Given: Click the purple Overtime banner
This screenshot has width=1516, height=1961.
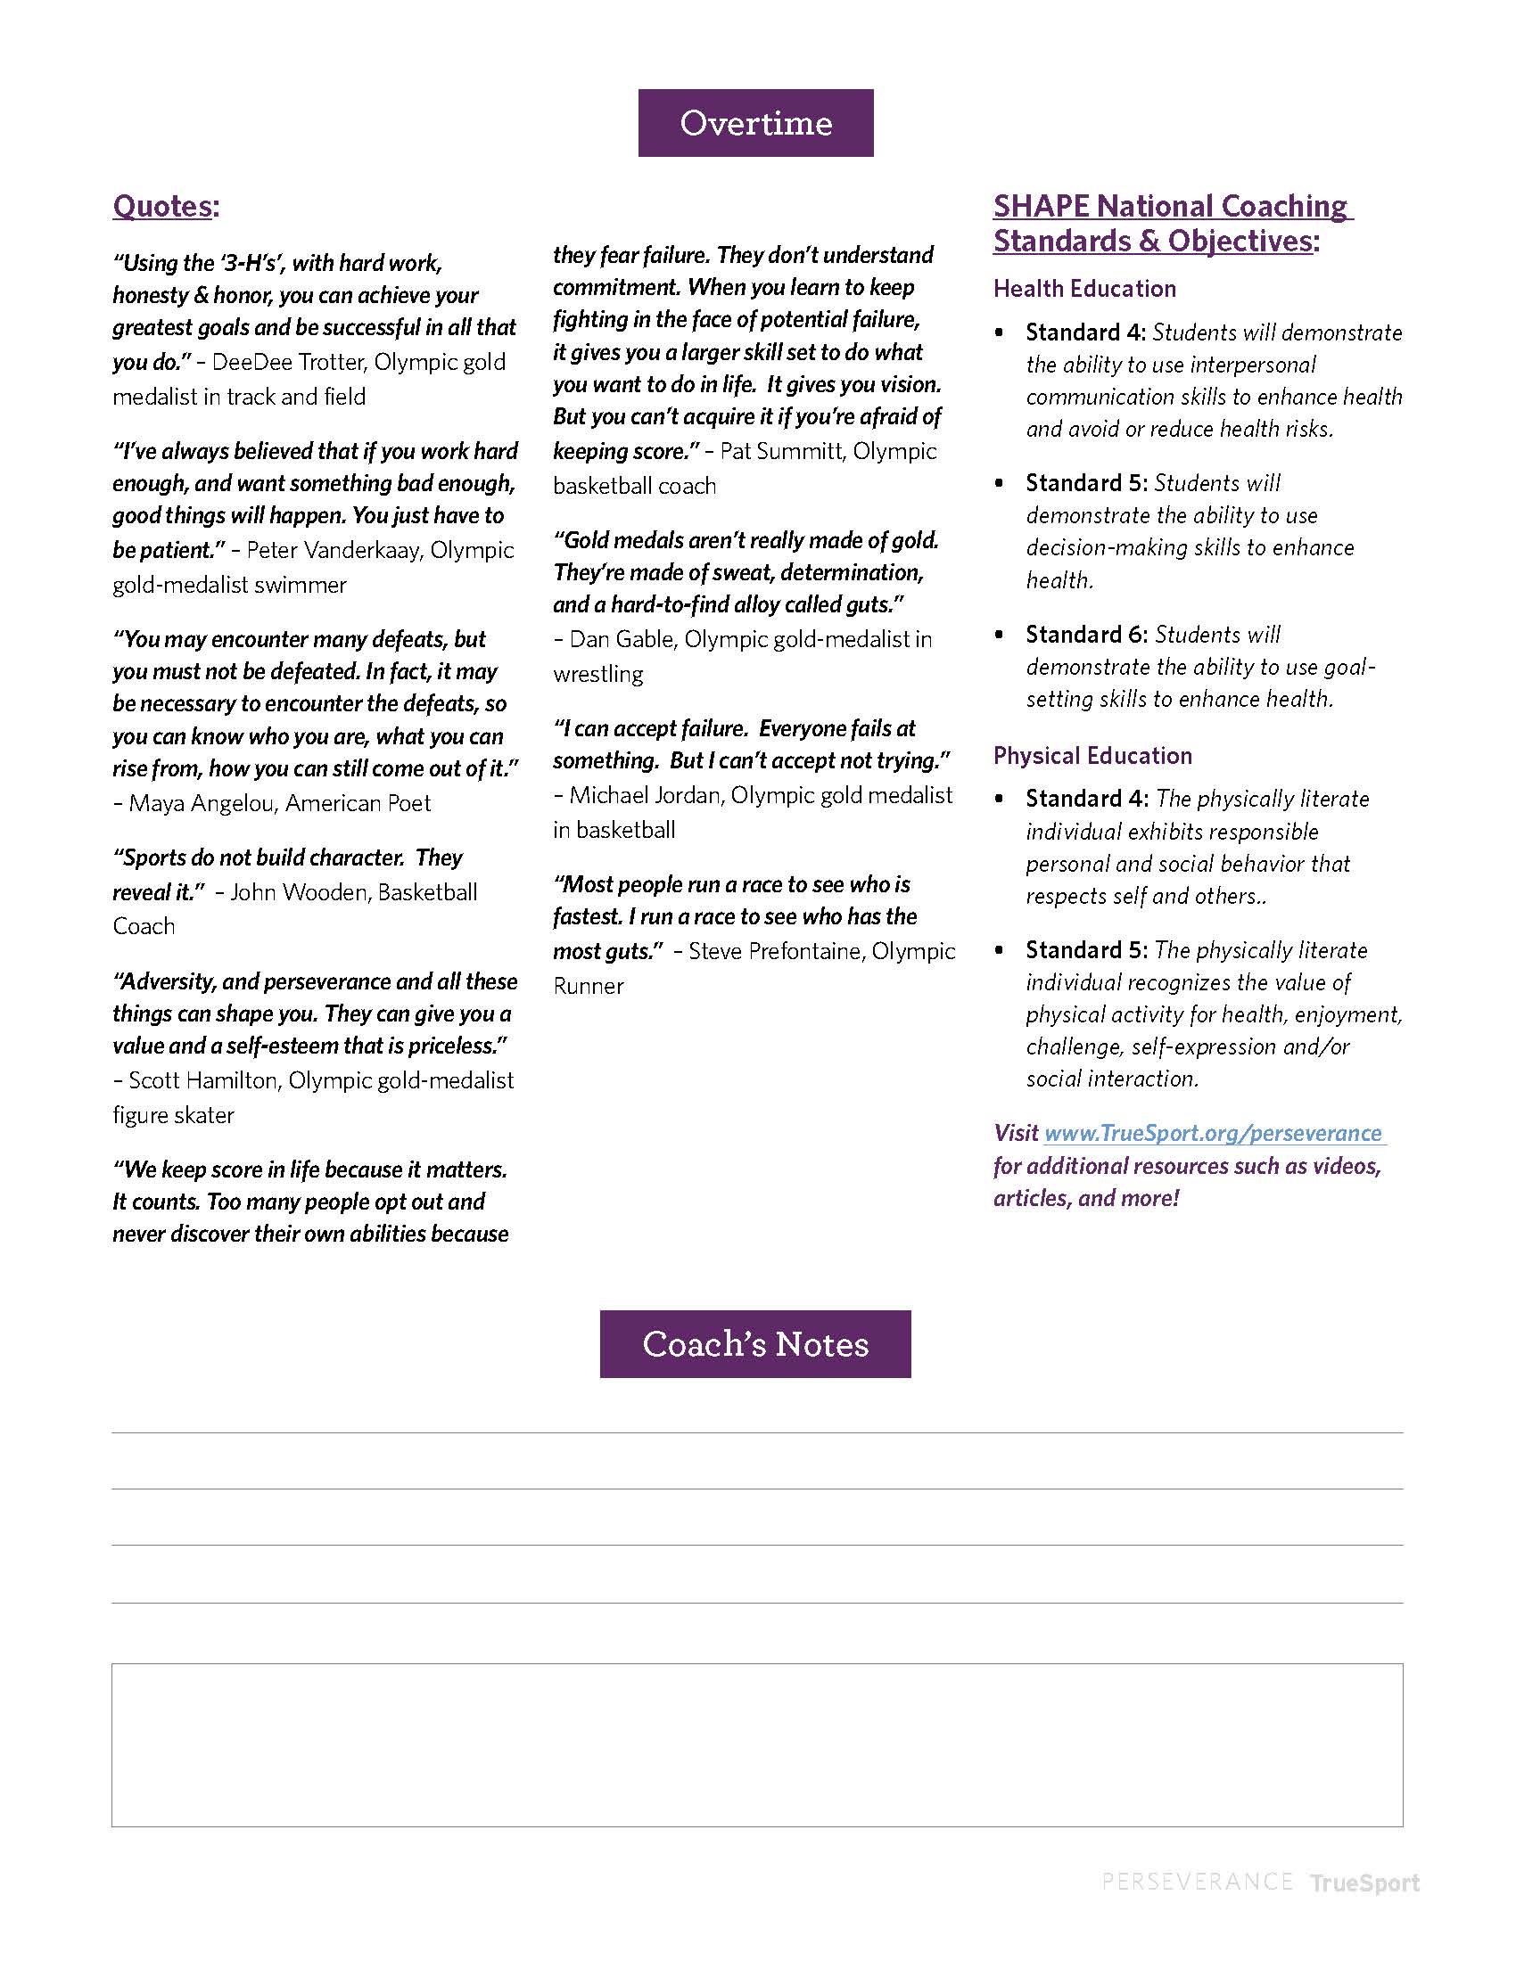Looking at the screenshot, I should point(755,123).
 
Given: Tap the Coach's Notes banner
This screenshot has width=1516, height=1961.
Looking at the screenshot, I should point(755,1344).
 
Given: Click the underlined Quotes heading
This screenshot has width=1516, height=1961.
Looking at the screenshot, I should point(163,207).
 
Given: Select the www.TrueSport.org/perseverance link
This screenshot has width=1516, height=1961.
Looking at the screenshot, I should point(1213,1133).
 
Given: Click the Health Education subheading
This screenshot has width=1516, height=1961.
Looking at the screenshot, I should point(1084,288).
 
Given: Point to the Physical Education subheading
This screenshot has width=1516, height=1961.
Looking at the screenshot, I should point(1092,756).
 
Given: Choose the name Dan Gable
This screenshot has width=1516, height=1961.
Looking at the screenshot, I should point(622,639).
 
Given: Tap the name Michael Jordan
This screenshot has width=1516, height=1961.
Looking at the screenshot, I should point(643,794).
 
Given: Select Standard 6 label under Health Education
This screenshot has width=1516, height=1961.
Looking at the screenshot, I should point(1086,635).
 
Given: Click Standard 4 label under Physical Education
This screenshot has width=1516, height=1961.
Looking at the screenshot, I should point(1087,800).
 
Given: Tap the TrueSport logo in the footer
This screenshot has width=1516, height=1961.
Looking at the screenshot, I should point(1364,1882).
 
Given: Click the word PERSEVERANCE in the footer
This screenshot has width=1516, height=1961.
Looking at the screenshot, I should point(1196,1881).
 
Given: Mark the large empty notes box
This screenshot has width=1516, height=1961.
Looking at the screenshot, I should point(756,1744).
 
